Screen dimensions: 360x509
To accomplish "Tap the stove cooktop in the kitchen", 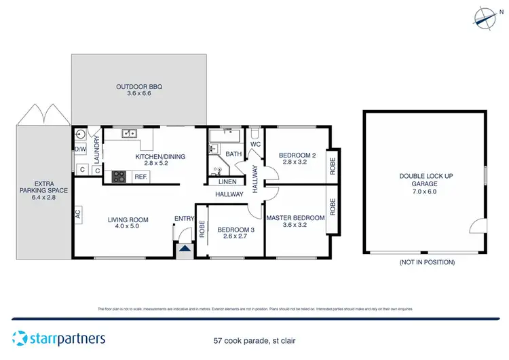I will point(119,176).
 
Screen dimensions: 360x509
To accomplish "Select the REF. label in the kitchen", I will point(141,177).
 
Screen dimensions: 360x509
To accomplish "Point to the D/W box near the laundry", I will point(79,149).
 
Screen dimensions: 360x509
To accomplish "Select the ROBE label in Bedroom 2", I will point(333,166).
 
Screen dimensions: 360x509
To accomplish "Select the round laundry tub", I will point(80,134).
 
